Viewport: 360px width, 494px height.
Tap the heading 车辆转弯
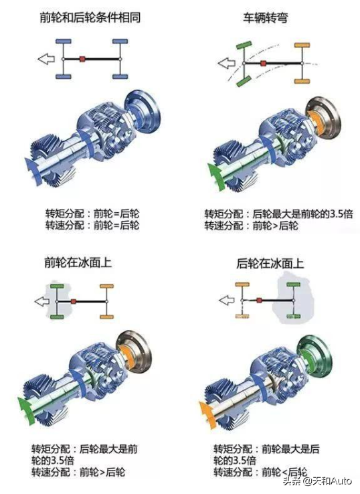(x=270, y=17)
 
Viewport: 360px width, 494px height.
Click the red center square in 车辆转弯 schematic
(x=264, y=64)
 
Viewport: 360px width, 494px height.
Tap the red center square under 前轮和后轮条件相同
(x=82, y=59)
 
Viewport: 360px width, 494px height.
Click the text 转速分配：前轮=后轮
(x=92, y=226)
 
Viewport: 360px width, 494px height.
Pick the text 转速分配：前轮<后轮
(x=261, y=472)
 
